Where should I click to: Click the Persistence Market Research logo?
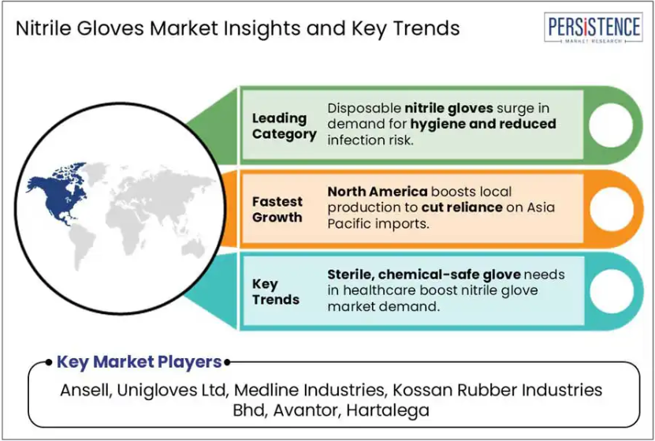[x=594, y=28]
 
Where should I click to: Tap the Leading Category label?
[x=284, y=126]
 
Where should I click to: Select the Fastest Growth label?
[x=277, y=209]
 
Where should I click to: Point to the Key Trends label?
[x=276, y=292]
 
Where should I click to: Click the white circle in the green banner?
[x=611, y=125]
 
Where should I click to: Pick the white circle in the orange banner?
[x=611, y=208]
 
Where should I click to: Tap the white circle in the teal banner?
[x=611, y=291]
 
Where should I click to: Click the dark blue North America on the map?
[x=58, y=193]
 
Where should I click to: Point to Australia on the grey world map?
[x=192, y=249]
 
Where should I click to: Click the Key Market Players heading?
[x=139, y=361]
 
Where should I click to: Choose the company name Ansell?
[x=86, y=390]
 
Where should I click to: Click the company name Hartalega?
[x=388, y=410]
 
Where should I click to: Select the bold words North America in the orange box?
[x=378, y=192]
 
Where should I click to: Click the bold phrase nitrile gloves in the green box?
[x=448, y=109]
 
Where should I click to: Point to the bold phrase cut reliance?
[x=462, y=207]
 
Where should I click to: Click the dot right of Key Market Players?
[x=227, y=362]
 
